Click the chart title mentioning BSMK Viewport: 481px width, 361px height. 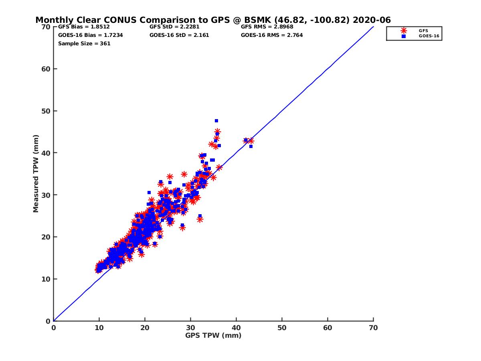pyautogui.click(x=213, y=20)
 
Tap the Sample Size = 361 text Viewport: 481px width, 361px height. pyautogui.click(x=84, y=43)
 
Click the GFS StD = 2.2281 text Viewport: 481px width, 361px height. pyautogui.click(x=174, y=27)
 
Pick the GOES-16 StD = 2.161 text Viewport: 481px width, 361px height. pyautogui.click(x=179, y=35)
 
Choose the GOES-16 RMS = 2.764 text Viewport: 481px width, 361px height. pyautogui.click(x=272, y=35)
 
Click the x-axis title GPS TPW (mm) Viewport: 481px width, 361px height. pyautogui.click(x=213, y=335)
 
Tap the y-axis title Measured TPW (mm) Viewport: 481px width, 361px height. pyautogui.click(x=36, y=174)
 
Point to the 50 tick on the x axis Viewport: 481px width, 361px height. pyautogui.click(x=282, y=328)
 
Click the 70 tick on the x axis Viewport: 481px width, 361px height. pyautogui.click(x=373, y=328)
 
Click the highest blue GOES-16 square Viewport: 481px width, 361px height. pyautogui.click(x=216, y=121)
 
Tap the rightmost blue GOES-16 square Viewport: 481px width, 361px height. pyautogui.click(x=251, y=146)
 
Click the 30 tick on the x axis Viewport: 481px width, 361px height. pyautogui.click(x=190, y=328)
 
